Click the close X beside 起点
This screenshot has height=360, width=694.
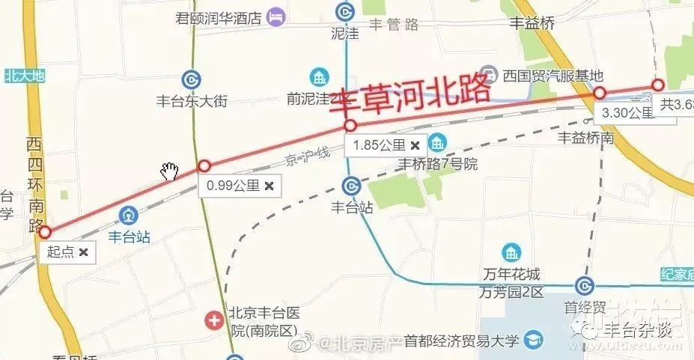84,252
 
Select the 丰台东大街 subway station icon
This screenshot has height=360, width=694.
190,80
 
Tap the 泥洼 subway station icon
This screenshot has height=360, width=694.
344,13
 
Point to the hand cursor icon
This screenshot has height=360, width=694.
170,171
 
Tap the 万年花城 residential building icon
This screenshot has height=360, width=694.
511,252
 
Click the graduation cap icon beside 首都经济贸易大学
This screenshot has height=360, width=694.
534,340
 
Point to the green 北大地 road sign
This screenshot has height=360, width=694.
25,75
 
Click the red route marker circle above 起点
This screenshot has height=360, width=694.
44,232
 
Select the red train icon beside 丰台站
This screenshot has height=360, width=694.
129,216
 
